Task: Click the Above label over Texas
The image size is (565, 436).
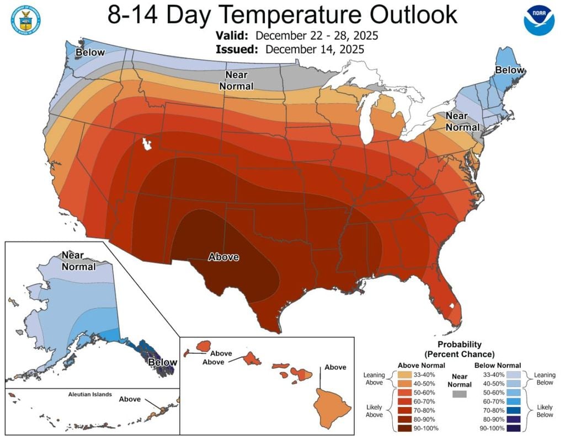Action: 223,257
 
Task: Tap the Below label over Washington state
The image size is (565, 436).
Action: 90,52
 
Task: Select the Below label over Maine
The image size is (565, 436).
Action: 509,71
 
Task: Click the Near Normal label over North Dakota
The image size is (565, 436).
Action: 237,80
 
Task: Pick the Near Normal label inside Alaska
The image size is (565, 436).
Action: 78,261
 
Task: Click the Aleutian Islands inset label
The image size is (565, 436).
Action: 90,395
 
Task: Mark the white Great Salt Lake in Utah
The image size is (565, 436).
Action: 147,144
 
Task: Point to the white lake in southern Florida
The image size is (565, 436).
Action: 451,304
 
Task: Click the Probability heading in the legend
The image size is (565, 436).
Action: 459,345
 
